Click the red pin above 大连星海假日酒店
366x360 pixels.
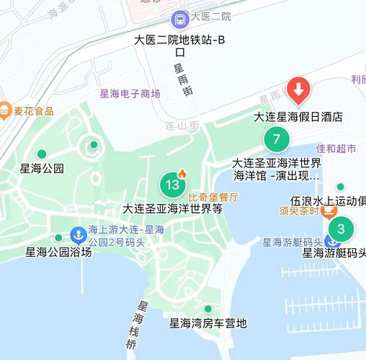tap(299, 90)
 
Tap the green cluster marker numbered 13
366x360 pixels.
tap(172, 185)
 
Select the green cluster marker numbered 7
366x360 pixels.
tap(274, 139)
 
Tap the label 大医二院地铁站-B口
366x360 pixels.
tap(180, 45)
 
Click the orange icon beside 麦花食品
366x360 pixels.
tap(5, 110)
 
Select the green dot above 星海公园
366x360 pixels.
tap(42, 154)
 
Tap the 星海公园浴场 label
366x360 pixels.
tap(58, 253)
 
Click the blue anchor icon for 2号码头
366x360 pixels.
tap(77, 235)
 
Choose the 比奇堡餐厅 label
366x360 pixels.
tap(213, 196)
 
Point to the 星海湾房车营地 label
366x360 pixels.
tap(208, 323)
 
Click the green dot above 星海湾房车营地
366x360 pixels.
tap(208, 309)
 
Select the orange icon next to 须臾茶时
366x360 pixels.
tap(329, 211)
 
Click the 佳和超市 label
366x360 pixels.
tap(336, 149)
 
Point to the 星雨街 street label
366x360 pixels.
tap(182, 80)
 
